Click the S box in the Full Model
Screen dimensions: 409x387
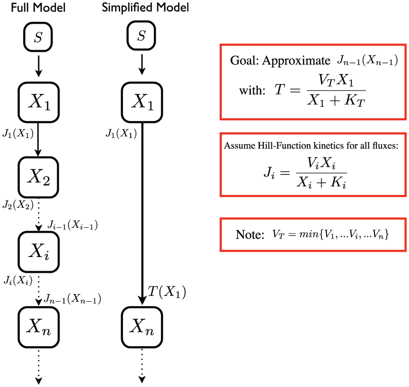(x=38, y=37)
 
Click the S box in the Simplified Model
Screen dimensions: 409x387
(x=142, y=36)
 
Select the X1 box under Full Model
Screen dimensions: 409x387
(x=39, y=102)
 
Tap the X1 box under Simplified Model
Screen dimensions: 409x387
(x=142, y=102)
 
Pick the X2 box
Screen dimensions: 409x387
(x=38, y=177)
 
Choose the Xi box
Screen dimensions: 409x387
(x=39, y=252)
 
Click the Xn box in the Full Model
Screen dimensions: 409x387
(x=39, y=327)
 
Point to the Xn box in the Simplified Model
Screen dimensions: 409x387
(x=142, y=327)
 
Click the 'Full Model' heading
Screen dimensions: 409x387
(x=38, y=8)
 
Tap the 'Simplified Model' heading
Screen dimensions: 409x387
(x=145, y=7)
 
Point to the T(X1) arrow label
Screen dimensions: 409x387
(x=167, y=292)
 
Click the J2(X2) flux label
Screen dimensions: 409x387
(x=18, y=205)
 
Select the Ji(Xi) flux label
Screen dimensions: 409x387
(x=18, y=280)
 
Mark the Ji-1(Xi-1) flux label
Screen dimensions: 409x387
(x=72, y=225)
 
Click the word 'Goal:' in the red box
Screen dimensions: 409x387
(x=244, y=61)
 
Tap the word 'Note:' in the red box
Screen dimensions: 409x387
(x=250, y=234)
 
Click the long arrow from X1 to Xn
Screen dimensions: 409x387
(x=142, y=213)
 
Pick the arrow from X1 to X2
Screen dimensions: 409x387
(x=38, y=139)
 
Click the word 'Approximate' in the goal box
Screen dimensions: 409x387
(x=296, y=61)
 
